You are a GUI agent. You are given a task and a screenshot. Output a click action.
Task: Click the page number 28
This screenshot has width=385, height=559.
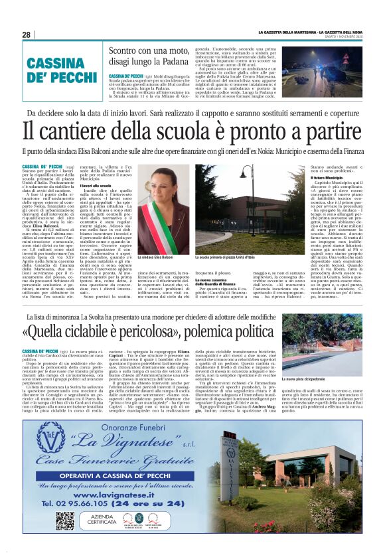tap(26, 35)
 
